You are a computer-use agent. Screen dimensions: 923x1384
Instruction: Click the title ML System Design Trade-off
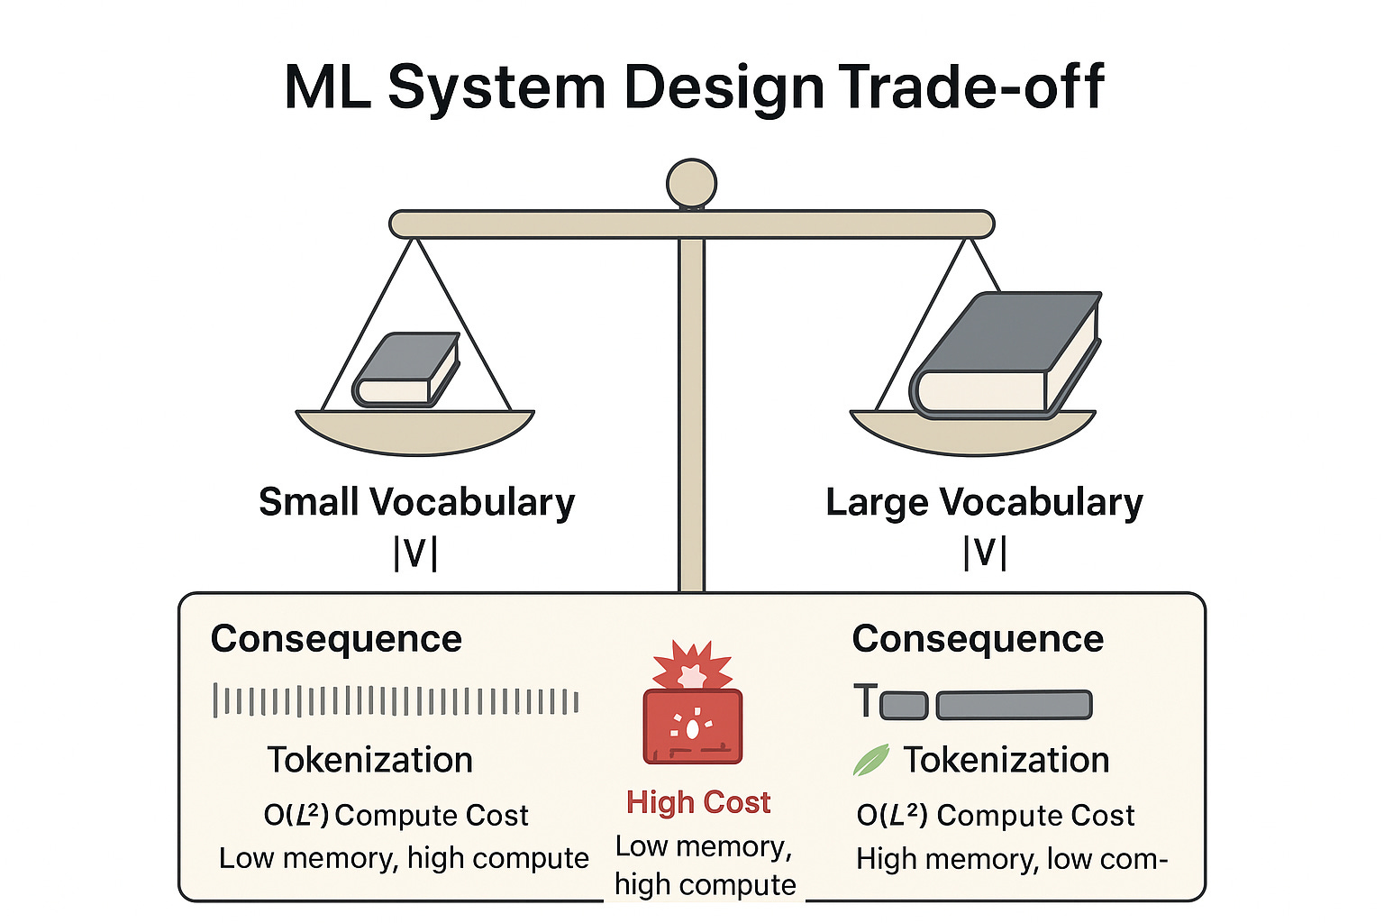pyautogui.click(x=693, y=87)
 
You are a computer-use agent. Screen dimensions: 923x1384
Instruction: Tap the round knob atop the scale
pyautogui.click(x=691, y=184)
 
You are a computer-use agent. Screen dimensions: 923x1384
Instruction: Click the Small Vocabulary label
pyautogui.click(x=416, y=502)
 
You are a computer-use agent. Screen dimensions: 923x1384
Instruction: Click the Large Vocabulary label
pyautogui.click(x=984, y=502)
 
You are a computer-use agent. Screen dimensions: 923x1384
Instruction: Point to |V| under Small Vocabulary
pyautogui.click(x=415, y=553)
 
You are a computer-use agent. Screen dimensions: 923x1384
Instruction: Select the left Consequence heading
pyautogui.click(x=336, y=638)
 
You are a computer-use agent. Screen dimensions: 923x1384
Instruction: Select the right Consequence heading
pyautogui.click(x=978, y=638)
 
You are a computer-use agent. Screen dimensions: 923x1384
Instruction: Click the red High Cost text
pyautogui.click(x=698, y=801)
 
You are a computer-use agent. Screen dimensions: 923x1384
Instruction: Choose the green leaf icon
pyautogui.click(x=870, y=760)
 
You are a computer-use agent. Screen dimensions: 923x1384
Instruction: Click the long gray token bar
pyautogui.click(x=1014, y=704)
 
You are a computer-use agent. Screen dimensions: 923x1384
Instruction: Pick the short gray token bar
pyautogui.click(x=904, y=705)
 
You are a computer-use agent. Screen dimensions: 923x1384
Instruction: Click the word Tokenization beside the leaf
pyautogui.click(x=1006, y=760)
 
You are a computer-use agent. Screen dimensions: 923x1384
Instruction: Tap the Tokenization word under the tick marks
pyautogui.click(x=369, y=760)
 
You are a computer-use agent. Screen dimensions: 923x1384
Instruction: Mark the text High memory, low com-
pyautogui.click(x=1011, y=858)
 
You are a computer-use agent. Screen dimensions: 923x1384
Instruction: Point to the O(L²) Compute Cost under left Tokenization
pyautogui.click(x=396, y=815)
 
